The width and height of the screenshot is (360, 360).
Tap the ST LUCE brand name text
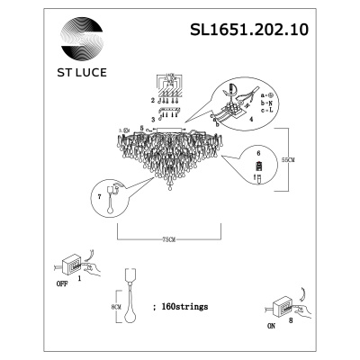(x=83, y=64)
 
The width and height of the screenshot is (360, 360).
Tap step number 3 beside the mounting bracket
(x=154, y=118)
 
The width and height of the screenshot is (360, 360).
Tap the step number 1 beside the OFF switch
(x=80, y=280)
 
